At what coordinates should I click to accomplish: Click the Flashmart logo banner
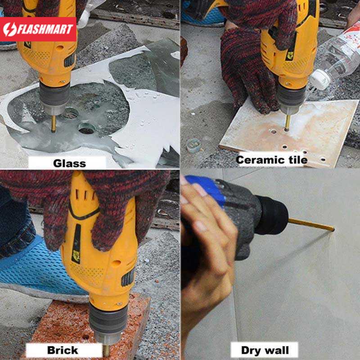(38, 29)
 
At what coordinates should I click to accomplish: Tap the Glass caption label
(69, 163)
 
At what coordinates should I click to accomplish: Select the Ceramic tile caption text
(272, 160)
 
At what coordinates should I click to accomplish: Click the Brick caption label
(63, 350)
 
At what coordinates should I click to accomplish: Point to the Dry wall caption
(265, 351)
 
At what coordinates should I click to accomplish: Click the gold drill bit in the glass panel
(54, 123)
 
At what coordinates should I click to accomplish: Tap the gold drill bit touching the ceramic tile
(288, 123)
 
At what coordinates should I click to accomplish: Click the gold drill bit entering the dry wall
(311, 225)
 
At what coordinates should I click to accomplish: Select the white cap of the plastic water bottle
(320, 80)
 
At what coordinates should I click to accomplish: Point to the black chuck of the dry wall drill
(272, 215)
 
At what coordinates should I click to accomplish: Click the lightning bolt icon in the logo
(10, 29)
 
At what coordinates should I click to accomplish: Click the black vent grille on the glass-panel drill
(70, 61)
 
